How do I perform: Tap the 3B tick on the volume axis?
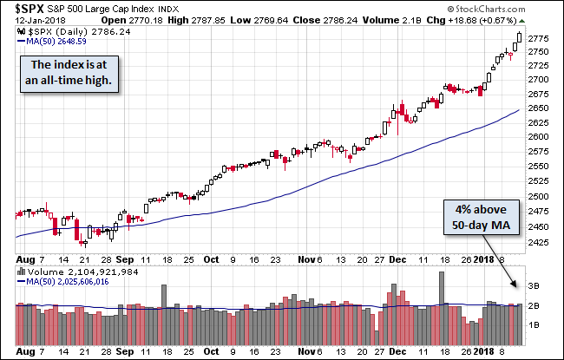(x=535, y=285)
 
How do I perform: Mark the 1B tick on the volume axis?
(x=535, y=324)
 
